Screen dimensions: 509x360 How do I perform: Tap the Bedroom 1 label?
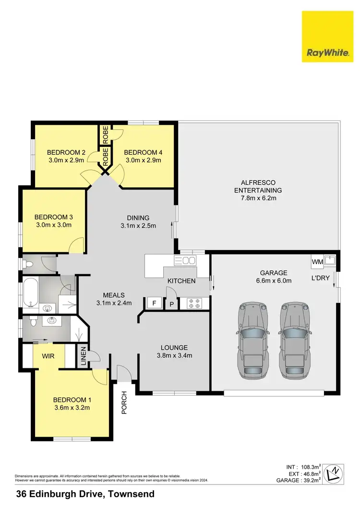pyautogui.click(x=72, y=400)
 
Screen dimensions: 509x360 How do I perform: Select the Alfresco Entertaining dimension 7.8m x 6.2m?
pyautogui.click(x=258, y=198)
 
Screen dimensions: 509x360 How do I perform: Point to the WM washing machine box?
pyautogui.click(x=317, y=262)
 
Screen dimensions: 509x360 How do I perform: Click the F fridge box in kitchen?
pyautogui.click(x=154, y=303)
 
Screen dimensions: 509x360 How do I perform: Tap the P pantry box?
pyautogui.click(x=171, y=303)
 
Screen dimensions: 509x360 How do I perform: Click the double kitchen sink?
pyautogui.click(x=185, y=261)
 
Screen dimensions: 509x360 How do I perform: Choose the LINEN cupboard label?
pyautogui.click(x=83, y=356)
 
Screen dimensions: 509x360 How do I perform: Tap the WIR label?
pyautogui.click(x=48, y=357)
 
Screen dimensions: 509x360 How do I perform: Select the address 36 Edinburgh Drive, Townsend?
pyautogui.click(x=85, y=494)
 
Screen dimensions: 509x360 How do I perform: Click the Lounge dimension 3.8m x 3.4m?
pyautogui.click(x=174, y=356)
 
